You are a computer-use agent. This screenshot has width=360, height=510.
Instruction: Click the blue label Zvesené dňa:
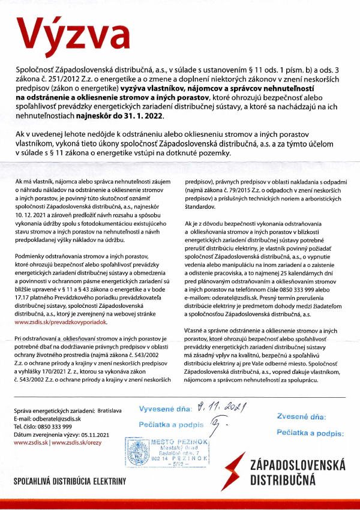(301, 415)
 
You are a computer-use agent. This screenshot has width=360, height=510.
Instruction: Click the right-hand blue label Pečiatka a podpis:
(310, 431)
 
